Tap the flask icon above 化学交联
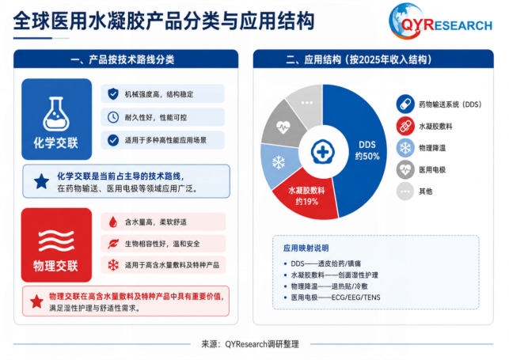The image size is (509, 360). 56,114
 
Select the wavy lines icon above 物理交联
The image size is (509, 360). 56,241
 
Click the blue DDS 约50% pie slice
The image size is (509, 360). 360,150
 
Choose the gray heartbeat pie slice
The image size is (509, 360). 282,125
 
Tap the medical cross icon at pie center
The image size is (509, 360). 322,151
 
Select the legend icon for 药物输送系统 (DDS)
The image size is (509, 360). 405,104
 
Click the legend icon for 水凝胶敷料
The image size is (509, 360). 405,126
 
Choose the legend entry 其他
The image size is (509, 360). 425,191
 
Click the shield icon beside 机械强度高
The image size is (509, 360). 113,94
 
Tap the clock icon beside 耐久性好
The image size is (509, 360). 113,117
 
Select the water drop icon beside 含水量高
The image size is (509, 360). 113,222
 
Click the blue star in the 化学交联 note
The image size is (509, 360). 41,181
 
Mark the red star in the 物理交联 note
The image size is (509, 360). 36,301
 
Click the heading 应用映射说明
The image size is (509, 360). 306,248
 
